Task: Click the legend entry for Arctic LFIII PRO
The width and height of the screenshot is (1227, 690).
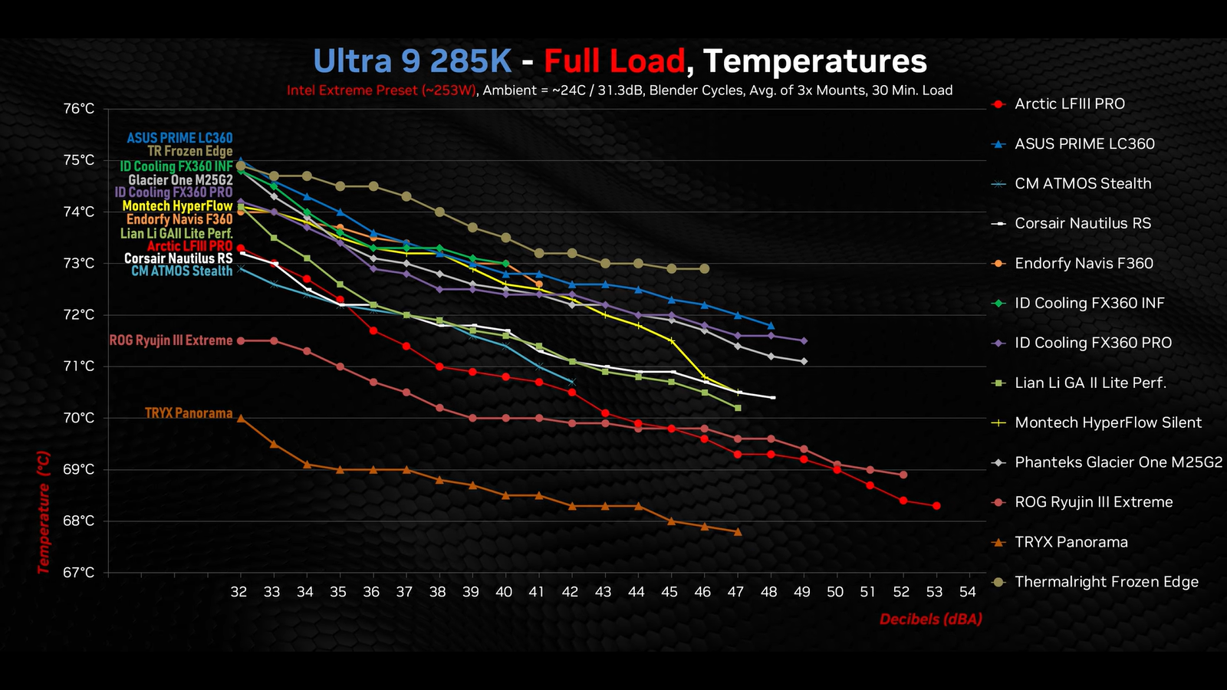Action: [x=1069, y=104]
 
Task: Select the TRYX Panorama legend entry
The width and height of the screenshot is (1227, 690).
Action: [x=1071, y=543]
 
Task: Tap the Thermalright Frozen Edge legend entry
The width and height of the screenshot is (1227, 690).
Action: [x=1106, y=583]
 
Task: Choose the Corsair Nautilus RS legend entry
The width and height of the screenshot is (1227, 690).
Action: [x=1082, y=224]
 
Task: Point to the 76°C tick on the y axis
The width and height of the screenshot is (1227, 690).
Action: [x=79, y=109]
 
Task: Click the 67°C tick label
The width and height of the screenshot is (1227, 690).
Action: [x=79, y=573]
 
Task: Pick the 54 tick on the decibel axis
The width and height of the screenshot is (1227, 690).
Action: [x=968, y=592]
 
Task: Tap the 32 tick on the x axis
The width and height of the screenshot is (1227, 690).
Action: [x=239, y=592]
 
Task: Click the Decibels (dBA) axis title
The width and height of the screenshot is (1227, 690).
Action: [x=930, y=619]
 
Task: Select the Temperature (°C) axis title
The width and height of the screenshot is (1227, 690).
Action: [x=44, y=512]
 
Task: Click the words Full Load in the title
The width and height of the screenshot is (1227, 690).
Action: [x=613, y=61]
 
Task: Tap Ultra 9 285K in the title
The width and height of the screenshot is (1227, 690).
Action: [x=412, y=61]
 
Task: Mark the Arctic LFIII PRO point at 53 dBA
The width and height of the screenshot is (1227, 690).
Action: [x=936, y=506]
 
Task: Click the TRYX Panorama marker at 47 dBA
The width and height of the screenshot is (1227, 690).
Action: [x=738, y=531]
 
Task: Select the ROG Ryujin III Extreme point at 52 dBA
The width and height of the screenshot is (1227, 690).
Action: [x=903, y=475]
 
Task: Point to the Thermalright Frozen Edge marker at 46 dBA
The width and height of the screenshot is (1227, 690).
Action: [x=705, y=269]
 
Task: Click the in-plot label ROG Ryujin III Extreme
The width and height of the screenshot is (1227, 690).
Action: [x=170, y=340]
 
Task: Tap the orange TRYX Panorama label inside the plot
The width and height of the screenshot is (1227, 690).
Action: [x=189, y=413]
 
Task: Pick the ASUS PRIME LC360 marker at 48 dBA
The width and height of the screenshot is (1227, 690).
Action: [x=771, y=326]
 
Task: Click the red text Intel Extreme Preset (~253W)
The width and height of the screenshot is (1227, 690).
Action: [x=381, y=90]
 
